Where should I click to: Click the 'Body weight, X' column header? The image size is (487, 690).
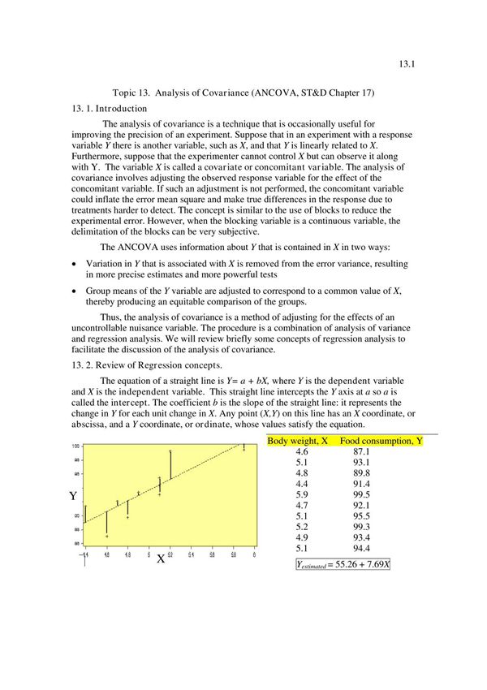(x=297, y=441)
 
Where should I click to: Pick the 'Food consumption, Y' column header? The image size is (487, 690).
(x=381, y=441)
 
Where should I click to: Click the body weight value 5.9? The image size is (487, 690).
(x=302, y=494)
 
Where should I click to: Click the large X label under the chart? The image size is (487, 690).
(x=161, y=559)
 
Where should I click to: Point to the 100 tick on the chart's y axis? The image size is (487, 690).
(x=75, y=446)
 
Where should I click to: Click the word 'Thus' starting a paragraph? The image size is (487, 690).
(x=110, y=317)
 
